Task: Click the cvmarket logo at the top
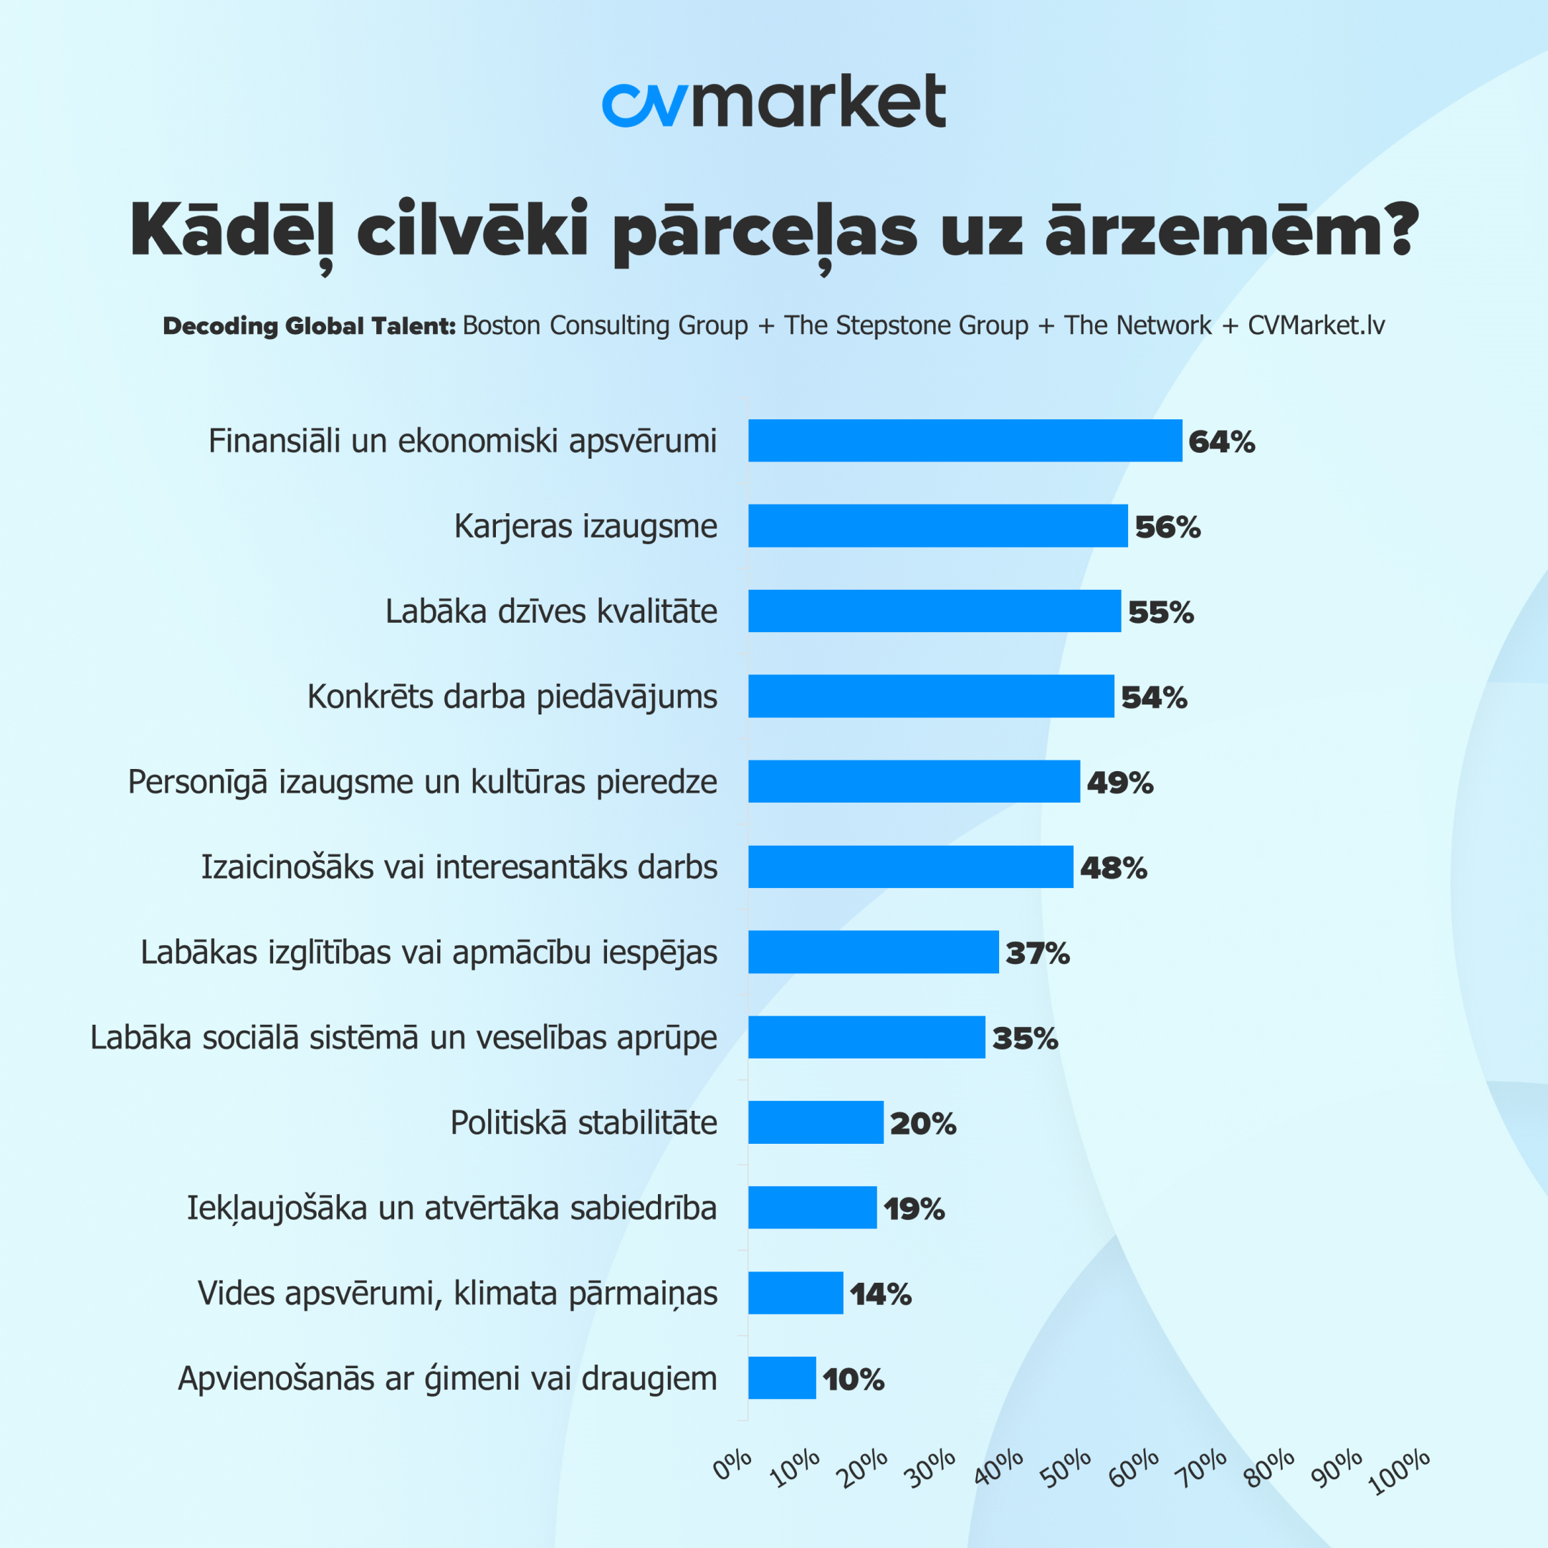[773, 101]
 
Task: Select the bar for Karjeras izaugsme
[937, 525]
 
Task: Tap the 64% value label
[1221, 441]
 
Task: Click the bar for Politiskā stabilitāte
[816, 1122]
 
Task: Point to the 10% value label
[854, 1379]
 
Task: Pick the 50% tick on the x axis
[1067, 1468]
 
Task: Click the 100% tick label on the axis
[1400, 1471]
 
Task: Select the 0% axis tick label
[732, 1465]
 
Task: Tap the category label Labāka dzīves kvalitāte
[551, 611]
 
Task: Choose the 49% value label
[1119, 782]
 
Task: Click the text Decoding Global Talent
[310, 326]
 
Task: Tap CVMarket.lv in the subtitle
[1317, 325]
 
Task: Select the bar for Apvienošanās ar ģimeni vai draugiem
[782, 1378]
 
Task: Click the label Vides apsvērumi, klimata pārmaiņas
[457, 1293]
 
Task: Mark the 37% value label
[1038, 952]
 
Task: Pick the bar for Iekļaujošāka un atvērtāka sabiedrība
[813, 1208]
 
